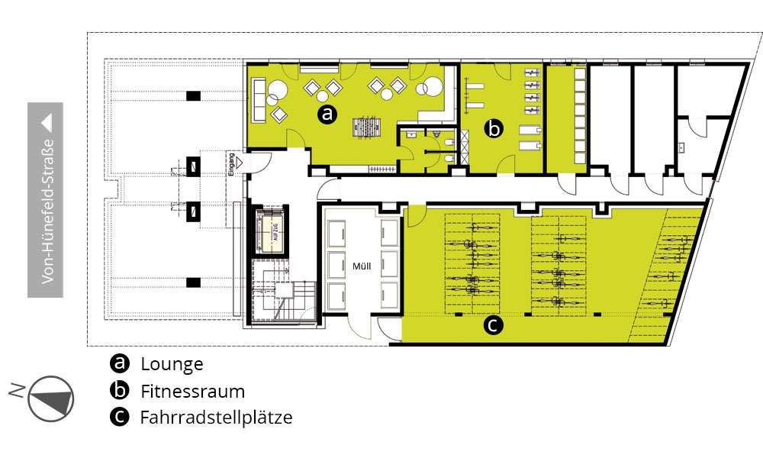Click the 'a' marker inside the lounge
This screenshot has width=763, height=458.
coord(327,114)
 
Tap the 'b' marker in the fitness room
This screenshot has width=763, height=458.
coord(494,129)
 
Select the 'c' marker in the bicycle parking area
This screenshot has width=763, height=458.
coord(493,325)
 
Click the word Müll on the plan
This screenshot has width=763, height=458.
coord(362,266)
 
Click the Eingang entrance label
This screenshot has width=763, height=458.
coord(232,165)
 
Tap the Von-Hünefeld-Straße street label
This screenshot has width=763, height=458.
coord(47,211)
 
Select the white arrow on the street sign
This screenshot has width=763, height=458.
coord(47,123)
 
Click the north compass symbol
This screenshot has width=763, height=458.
coord(50,398)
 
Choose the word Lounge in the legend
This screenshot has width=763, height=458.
coord(172,364)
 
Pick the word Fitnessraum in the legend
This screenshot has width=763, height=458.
coord(193,392)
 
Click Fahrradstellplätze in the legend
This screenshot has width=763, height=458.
coord(217,417)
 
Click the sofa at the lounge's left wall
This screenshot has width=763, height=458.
coord(259,101)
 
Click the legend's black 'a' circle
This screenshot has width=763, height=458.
coord(119,363)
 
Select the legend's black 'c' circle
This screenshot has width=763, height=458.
coord(119,417)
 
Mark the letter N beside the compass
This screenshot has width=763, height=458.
coord(17,390)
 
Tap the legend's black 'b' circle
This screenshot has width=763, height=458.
coord(119,390)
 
